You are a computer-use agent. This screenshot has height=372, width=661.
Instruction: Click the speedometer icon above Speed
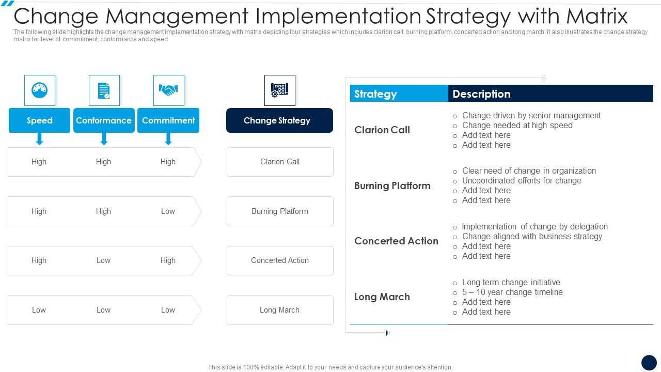[x=39, y=90]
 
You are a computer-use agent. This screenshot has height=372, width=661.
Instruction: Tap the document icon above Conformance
[x=104, y=90]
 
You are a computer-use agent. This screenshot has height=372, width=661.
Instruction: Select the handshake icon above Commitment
[x=168, y=90]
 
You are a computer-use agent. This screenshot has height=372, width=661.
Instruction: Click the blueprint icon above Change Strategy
[x=279, y=90]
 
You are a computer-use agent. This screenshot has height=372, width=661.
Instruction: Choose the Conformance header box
[x=104, y=120]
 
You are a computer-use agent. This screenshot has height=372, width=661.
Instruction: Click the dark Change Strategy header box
[x=279, y=120]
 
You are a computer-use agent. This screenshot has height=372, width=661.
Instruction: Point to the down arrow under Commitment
[x=168, y=139]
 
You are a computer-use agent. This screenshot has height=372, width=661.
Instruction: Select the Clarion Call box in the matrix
[x=280, y=162]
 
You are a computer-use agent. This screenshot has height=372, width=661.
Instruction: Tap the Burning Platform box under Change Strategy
[x=280, y=211]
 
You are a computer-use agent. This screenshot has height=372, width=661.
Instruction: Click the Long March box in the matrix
[x=280, y=310]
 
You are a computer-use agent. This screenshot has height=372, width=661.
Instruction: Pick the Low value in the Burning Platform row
[x=168, y=211]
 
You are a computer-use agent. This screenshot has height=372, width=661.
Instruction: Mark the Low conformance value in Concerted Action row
[x=103, y=260]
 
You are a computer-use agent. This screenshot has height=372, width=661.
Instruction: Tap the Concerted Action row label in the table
[x=396, y=241]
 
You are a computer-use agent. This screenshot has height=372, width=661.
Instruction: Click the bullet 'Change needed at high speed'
[x=517, y=125]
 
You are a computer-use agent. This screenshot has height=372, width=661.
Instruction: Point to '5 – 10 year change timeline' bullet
[x=512, y=292]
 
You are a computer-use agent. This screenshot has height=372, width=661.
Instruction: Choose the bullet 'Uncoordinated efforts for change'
[x=522, y=180]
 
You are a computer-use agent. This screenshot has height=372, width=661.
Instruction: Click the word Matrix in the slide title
[x=596, y=17]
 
